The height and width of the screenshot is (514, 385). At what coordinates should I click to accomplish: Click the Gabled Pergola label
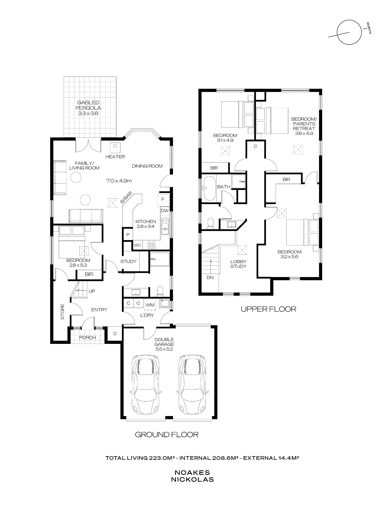pyautogui.click(x=88, y=108)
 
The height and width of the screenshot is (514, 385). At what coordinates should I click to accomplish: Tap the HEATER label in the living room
pyautogui.click(x=115, y=157)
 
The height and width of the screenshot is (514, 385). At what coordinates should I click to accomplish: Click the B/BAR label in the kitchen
pyautogui.click(x=126, y=198)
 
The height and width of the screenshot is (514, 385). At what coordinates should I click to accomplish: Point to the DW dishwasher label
pyautogui.click(x=165, y=211)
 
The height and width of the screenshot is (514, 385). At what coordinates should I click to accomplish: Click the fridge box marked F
pyautogui.click(x=163, y=199)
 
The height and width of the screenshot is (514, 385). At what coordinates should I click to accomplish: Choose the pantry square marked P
pyautogui.click(x=128, y=235)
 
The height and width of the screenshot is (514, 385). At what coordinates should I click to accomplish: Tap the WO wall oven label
pyautogui.click(x=137, y=245)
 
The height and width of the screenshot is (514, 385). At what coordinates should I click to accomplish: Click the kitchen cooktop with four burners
pyautogui.click(x=151, y=244)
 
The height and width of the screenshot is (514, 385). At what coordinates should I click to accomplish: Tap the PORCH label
pyautogui.click(x=87, y=337)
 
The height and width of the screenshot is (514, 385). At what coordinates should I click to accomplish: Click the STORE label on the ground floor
pyautogui.click(x=63, y=312)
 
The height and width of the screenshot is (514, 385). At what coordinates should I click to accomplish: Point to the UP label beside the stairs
pyautogui.click(x=92, y=291)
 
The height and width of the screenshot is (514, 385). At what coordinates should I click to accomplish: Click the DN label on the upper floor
pyautogui.click(x=210, y=278)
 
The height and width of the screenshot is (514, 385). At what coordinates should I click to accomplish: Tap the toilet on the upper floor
pyautogui.click(x=210, y=223)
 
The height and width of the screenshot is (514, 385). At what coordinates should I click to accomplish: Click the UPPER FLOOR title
pyautogui.click(x=268, y=309)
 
